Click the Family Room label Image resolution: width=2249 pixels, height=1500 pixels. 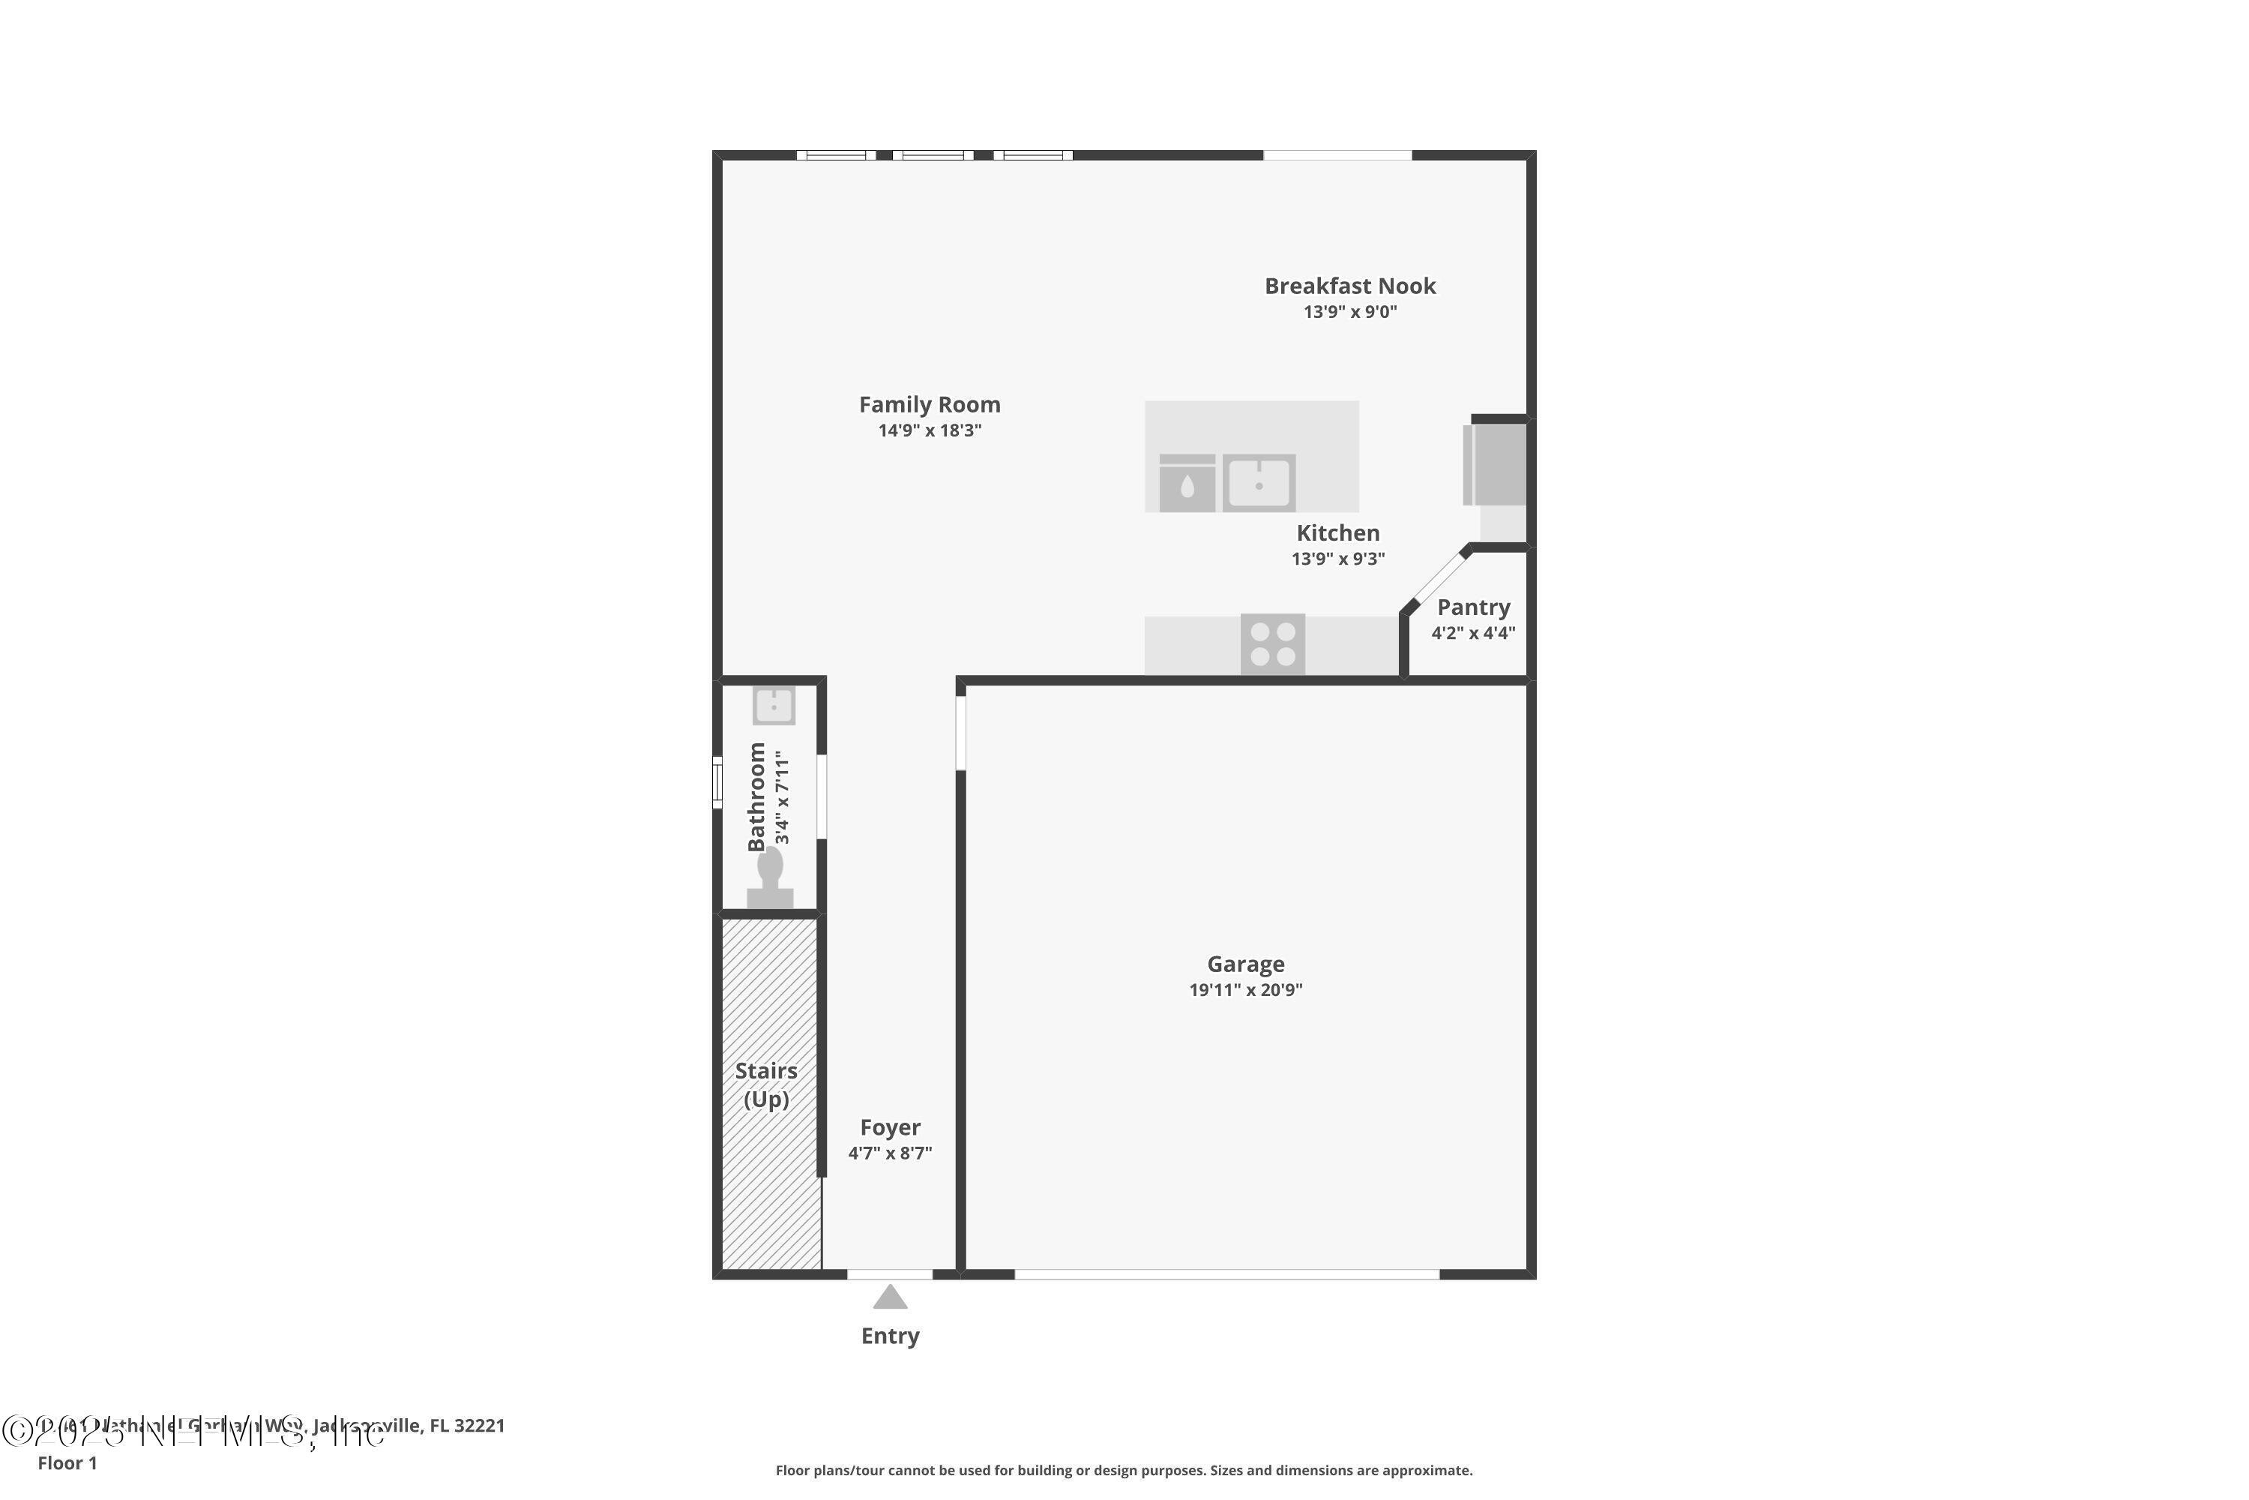(929, 405)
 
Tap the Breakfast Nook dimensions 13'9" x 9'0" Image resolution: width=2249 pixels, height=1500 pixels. (1349, 312)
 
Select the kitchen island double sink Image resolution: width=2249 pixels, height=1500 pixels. (1259, 483)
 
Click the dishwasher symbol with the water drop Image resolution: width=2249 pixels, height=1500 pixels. (1187, 484)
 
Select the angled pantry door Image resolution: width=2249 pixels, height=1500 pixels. (1438, 579)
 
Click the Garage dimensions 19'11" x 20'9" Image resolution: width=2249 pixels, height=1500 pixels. (1245, 990)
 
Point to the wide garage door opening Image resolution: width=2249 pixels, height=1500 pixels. (1226, 1274)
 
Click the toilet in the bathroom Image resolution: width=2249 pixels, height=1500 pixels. (770, 878)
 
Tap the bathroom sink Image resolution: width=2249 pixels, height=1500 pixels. (773, 706)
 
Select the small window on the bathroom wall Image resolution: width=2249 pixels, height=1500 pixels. (717, 781)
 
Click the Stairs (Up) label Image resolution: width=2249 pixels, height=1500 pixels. (766, 1084)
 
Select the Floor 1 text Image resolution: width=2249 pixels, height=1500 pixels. (67, 1462)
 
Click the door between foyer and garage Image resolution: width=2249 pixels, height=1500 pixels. (960, 733)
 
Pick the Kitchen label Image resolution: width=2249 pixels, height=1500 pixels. (1337, 532)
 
